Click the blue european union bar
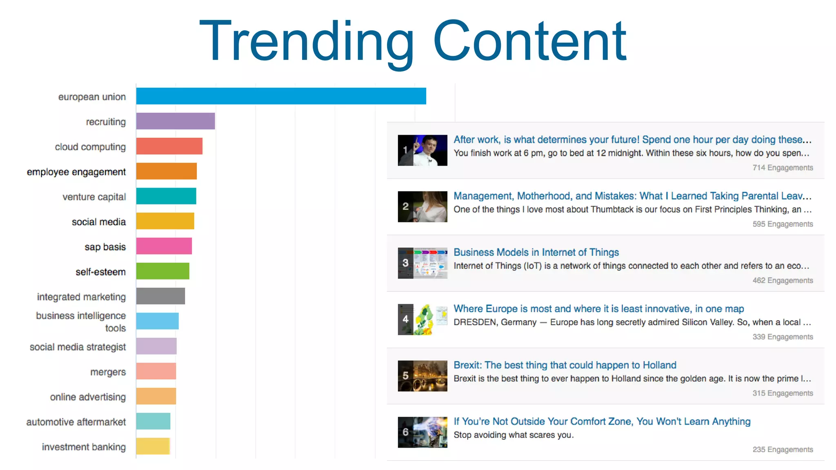pos(281,96)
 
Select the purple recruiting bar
pos(176,121)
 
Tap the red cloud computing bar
pos(169,146)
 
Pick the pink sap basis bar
pos(164,246)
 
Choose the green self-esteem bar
pos(162,271)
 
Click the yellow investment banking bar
pos(153,446)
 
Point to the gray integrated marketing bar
pos(160,296)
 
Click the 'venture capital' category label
pos(94,197)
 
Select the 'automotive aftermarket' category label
pos(76,422)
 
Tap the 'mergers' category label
pos(108,372)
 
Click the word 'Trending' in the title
pos(306,42)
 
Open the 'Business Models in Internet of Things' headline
pos(536,253)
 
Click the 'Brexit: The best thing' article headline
pos(565,365)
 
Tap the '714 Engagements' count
pos(783,168)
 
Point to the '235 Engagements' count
pos(783,450)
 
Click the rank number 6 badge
pos(405,432)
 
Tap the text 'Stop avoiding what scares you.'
pos(514,435)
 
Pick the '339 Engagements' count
pos(783,337)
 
